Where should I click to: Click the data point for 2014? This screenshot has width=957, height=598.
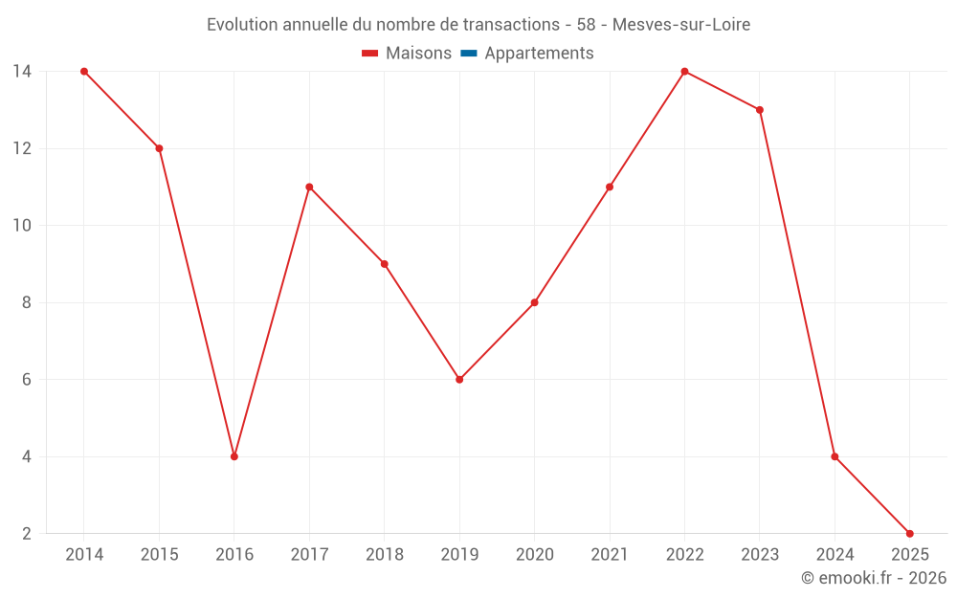click(84, 72)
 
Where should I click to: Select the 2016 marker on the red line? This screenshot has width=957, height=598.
click(234, 456)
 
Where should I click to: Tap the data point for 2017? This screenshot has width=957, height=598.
click(309, 188)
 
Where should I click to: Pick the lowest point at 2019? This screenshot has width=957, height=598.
click(459, 380)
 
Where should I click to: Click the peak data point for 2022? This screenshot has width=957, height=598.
click(684, 72)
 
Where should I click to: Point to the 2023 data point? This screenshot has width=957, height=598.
click(760, 110)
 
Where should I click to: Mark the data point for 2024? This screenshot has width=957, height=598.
click(835, 456)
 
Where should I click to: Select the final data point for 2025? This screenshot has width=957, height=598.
click(910, 533)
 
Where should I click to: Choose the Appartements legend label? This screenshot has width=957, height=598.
click(539, 54)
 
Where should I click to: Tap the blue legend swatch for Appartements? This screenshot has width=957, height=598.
click(468, 54)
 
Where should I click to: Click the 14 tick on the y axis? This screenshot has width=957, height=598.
click(22, 72)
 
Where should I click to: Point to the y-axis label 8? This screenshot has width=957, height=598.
click(27, 302)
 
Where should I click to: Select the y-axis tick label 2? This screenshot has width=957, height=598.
click(27, 533)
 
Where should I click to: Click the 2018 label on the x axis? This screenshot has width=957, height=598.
click(384, 555)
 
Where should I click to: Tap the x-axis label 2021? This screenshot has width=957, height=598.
click(610, 555)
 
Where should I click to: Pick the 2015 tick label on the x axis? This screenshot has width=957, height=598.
click(159, 555)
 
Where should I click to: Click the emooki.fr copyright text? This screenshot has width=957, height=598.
click(873, 578)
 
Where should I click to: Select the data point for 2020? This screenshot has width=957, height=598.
click(534, 302)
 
